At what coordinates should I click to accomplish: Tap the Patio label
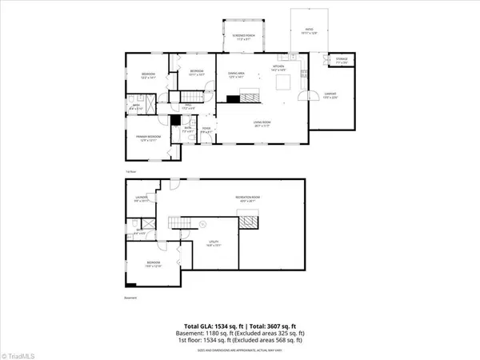[x=308, y=32]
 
